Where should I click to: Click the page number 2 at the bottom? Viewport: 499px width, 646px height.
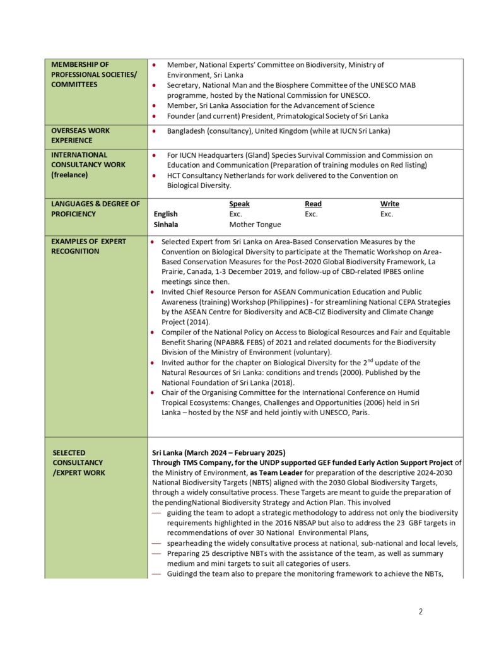[x=421, y=611]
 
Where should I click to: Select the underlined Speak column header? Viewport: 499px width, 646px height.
[x=239, y=204]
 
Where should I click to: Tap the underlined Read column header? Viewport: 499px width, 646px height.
[x=313, y=204]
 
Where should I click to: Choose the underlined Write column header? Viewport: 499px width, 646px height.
[x=389, y=204]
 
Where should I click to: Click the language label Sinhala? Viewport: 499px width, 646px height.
[x=166, y=225]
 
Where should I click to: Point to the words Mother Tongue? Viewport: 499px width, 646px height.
[x=255, y=225]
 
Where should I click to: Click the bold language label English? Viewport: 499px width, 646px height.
[x=166, y=214]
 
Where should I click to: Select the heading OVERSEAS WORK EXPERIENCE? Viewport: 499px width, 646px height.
[x=80, y=136]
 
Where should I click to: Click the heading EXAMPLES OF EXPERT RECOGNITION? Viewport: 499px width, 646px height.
[x=88, y=246]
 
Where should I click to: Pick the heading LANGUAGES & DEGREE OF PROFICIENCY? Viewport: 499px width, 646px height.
[x=95, y=209]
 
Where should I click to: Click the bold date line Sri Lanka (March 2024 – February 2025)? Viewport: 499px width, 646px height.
[x=219, y=452]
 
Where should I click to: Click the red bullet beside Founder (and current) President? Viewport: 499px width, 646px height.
[x=155, y=116]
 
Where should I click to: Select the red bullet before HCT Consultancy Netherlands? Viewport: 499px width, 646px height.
[x=155, y=175]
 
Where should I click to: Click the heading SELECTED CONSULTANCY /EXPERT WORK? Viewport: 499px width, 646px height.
[x=78, y=462]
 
